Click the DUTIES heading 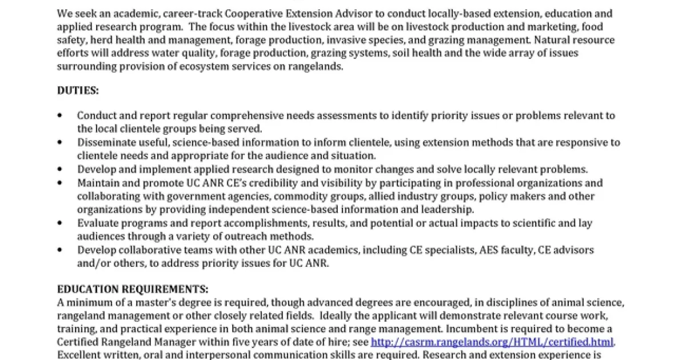tap(78, 90)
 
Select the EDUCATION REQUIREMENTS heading tap(133, 289)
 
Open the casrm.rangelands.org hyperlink tap(492, 342)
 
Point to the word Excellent tap(79, 355)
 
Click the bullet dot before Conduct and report tap(60, 115)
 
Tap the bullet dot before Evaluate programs tap(60, 223)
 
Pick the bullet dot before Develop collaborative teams tap(60, 250)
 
